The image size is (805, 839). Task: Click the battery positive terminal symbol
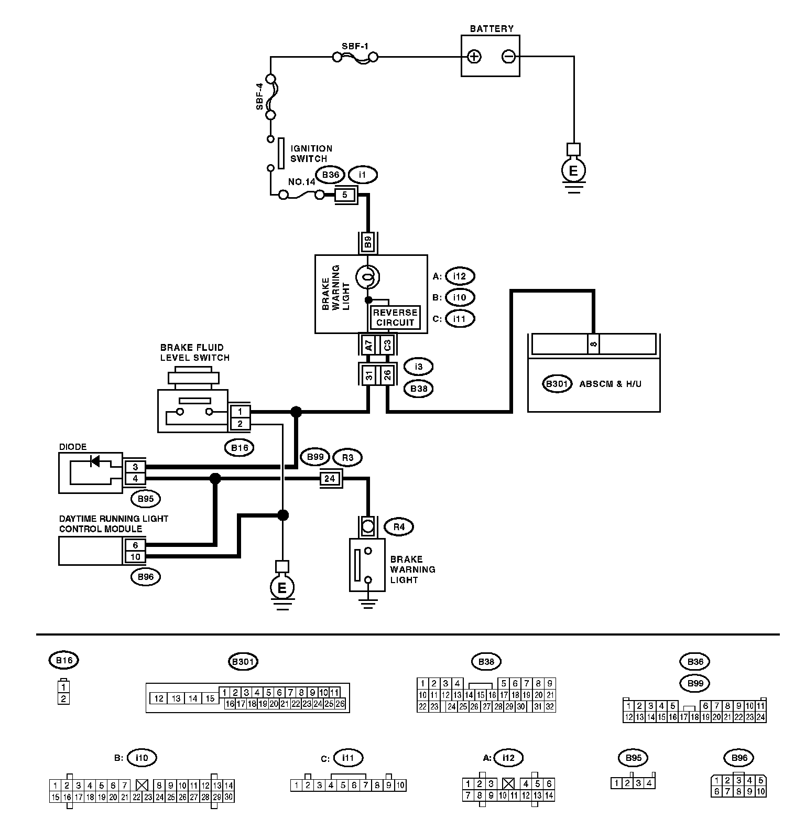(x=474, y=56)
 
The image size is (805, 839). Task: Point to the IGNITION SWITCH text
(x=311, y=154)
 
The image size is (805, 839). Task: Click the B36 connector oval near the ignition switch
(x=330, y=175)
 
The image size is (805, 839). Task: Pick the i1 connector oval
(x=363, y=175)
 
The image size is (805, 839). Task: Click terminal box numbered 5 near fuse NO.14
(x=345, y=195)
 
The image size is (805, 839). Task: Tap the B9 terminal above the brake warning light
(x=368, y=242)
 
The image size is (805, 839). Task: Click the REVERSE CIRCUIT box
(x=395, y=317)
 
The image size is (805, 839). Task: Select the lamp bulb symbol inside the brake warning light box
(x=368, y=276)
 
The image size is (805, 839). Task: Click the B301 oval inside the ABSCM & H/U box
(x=556, y=383)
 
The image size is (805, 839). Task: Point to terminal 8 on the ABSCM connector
(x=593, y=344)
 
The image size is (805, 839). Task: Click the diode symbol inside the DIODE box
(x=95, y=461)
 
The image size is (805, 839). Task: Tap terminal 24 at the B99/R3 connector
(x=330, y=479)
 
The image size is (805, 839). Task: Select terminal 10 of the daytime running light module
(x=135, y=557)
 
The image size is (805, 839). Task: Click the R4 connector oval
(x=399, y=526)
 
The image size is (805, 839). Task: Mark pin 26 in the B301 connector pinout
(x=340, y=704)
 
